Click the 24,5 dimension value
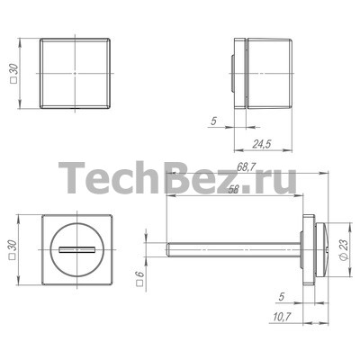click(x=262, y=144)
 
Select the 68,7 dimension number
click(x=246, y=166)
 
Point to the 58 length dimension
click(x=233, y=190)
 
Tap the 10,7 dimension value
click(x=283, y=317)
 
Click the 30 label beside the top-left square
click(x=14, y=70)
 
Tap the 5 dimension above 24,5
click(x=213, y=121)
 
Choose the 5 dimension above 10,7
click(x=282, y=297)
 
